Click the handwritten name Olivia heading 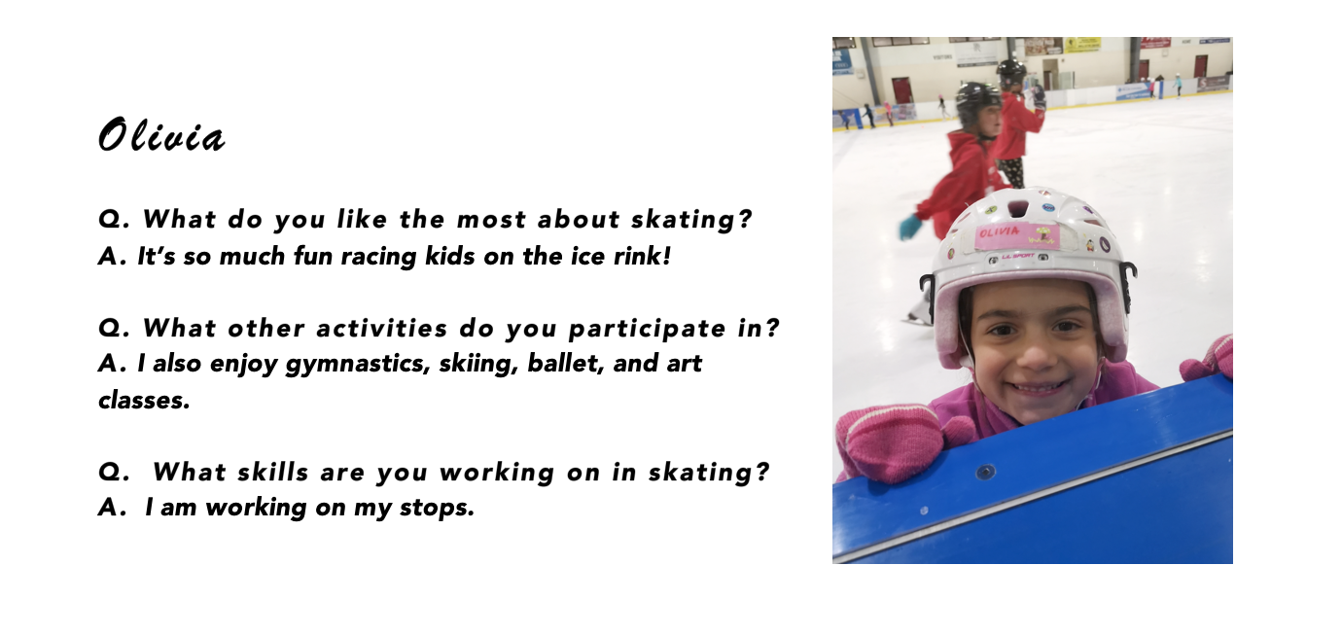click(x=161, y=135)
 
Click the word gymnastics click(x=358, y=364)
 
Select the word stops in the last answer click(x=437, y=508)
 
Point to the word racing click(x=378, y=257)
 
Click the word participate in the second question click(x=647, y=329)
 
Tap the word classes click(x=144, y=400)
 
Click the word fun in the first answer click(x=312, y=256)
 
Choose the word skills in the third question click(x=272, y=472)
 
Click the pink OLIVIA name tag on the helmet click(x=1016, y=236)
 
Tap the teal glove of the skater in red click(x=910, y=227)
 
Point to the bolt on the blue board click(x=985, y=473)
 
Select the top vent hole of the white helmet click(x=1018, y=208)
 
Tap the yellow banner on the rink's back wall click(x=1082, y=45)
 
